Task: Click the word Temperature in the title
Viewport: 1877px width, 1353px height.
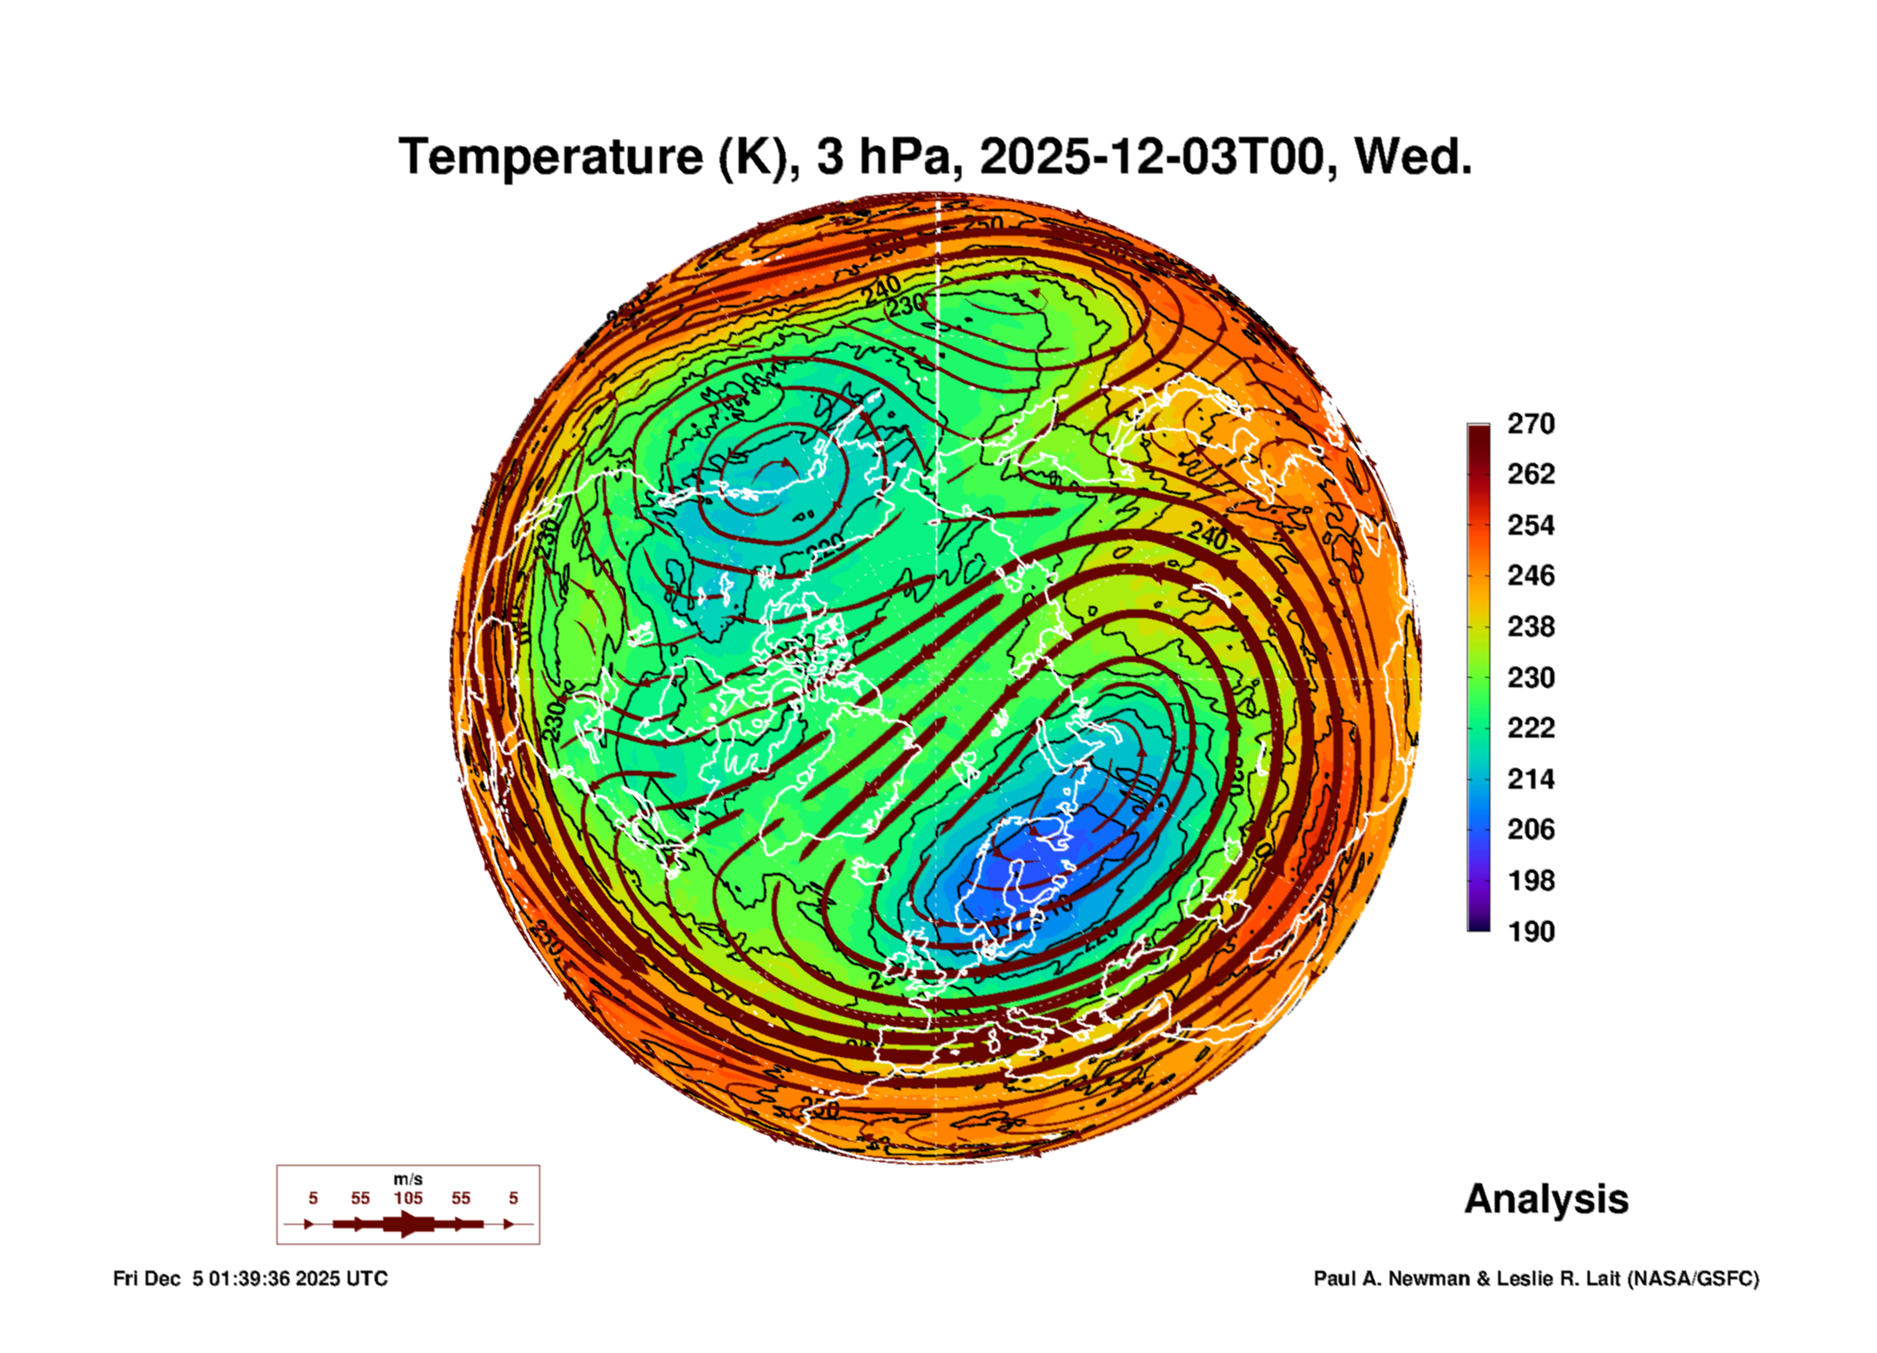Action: (551, 158)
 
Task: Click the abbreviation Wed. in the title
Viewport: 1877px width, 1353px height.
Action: (1413, 158)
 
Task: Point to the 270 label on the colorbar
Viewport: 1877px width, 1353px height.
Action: (1530, 424)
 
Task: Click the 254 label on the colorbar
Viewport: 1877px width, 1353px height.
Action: (1530, 525)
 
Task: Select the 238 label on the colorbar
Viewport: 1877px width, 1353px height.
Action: (1530, 627)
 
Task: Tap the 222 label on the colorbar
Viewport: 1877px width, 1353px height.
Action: (1530, 728)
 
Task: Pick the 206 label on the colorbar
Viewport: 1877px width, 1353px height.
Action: (1530, 829)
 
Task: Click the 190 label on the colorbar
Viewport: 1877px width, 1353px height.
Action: (1530, 932)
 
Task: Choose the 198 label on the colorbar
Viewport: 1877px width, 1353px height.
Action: (1530, 881)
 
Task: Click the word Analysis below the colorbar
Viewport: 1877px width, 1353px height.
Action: (1546, 1200)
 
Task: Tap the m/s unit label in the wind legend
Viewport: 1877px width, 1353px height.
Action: (407, 1180)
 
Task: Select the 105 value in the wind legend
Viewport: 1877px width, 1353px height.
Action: (407, 1198)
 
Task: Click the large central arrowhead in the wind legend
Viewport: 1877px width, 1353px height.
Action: (408, 1224)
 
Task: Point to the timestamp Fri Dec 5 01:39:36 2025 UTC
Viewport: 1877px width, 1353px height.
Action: (250, 1278)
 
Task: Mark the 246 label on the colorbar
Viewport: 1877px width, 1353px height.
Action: (1530, 576)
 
